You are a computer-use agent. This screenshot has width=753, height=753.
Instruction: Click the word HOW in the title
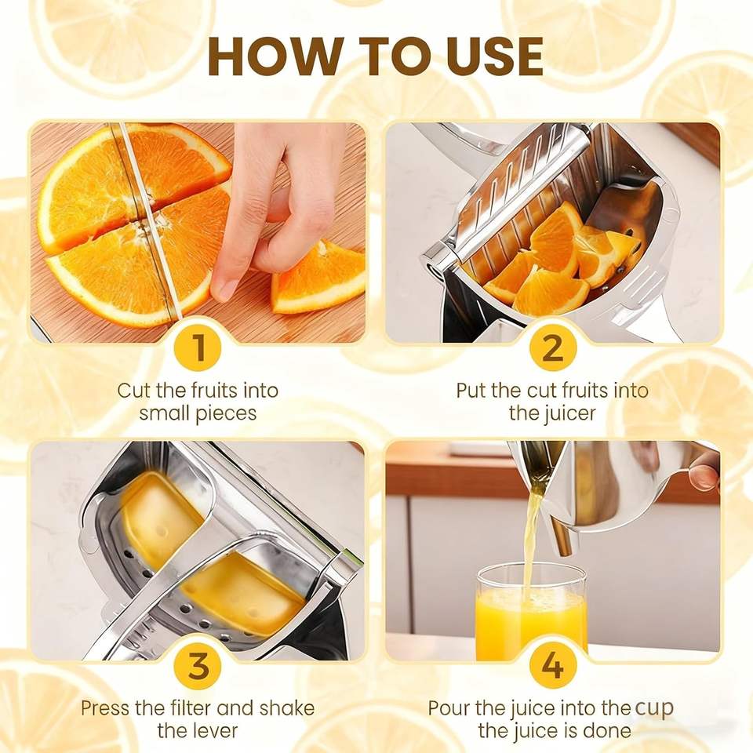(275, 56)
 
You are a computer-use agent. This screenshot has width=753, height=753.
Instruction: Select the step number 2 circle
(552, 347)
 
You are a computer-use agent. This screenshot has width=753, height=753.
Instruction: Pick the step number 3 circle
(198, 665)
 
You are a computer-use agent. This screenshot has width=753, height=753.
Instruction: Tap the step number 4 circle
(552, 665)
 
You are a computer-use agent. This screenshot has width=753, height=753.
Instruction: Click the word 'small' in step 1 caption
(163, 413)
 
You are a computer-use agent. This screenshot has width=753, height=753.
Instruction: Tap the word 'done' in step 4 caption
(607, 731)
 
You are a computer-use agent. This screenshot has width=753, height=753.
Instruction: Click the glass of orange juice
(531, 610)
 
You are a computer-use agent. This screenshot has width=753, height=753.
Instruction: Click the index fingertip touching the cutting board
(224, 289)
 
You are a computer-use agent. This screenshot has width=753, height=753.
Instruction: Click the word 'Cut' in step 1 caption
(133, 391)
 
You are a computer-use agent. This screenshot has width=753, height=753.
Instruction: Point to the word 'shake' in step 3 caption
(287, 708)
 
